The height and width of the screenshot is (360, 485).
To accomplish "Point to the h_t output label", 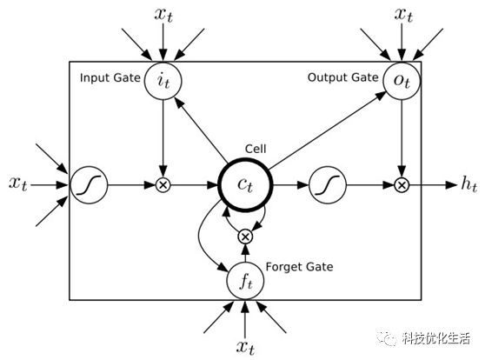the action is pos(468,183).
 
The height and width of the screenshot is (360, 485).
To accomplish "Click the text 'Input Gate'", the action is pos(110,77).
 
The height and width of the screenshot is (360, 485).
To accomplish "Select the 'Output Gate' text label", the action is pos(343,77).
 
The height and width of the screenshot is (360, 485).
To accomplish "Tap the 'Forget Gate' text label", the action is pos(299,267).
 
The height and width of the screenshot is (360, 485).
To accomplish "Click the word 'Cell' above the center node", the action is pos(256,149).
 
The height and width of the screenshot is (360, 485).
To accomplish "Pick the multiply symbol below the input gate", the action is pos(163,185).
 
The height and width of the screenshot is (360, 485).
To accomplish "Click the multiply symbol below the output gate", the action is pos(402,185).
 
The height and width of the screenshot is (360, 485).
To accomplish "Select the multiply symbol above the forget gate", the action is pos(245,237).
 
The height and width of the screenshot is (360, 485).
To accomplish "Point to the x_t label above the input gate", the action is pos(163,14).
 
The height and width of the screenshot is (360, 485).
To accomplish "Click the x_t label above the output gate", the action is pos(403,14).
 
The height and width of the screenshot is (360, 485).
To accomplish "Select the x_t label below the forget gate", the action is pos(245,347).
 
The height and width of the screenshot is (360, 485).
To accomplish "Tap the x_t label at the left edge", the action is pos(18,183).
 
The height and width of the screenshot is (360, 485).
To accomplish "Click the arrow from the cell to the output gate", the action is pos(328,130).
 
